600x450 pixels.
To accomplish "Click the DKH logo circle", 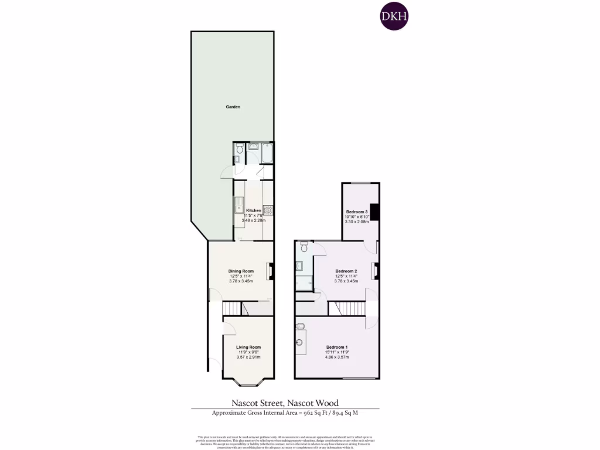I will (x=394, y=17).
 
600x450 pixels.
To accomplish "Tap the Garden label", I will (x=233, y=107).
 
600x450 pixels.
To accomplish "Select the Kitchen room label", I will (x=254, y=210).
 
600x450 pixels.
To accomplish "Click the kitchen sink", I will (x=239, y=207).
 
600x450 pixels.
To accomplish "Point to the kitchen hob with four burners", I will (x=268, y=209).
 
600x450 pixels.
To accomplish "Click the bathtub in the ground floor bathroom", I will (x=267, y=154).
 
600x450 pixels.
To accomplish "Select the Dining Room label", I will (x=241, y=271).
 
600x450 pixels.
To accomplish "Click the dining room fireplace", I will (x=270, y=272).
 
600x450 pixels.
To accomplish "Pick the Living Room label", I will (x=248, y=347).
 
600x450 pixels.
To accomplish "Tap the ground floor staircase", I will (x=234, y=308).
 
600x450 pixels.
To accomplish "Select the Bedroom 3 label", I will (x=356, y=212).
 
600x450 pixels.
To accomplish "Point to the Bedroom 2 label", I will (x=346, y=271).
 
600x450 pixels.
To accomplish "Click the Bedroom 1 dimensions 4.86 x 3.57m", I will (x=337, y=357).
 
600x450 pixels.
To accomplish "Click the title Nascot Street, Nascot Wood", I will (x=285, y=403).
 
